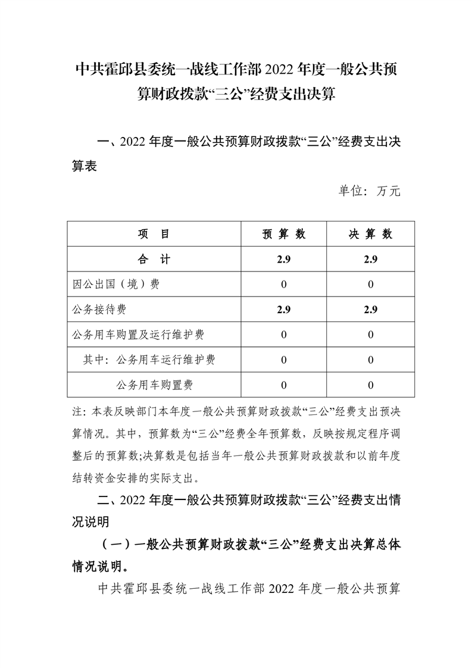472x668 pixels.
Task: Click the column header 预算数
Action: pos(283,234)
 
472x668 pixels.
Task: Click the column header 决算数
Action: pos(370,234)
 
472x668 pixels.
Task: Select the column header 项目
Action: pos(154,234)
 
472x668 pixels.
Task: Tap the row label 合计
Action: pos(154,259)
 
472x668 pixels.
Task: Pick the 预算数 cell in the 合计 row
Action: pos(283,259)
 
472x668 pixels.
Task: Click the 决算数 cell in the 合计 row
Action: pos(370,259)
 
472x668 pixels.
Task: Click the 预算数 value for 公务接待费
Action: pos(283,310)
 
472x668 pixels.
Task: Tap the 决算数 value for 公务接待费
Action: pos(370,310)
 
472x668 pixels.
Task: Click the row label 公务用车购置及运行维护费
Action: pos(137,335)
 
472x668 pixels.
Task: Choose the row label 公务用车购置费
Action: pos(155,385)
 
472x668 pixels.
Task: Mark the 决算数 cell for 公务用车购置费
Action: pos(370,385)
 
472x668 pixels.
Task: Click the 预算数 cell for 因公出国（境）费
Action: pos(283,285)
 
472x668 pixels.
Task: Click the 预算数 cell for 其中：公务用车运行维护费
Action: pos(283,360)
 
